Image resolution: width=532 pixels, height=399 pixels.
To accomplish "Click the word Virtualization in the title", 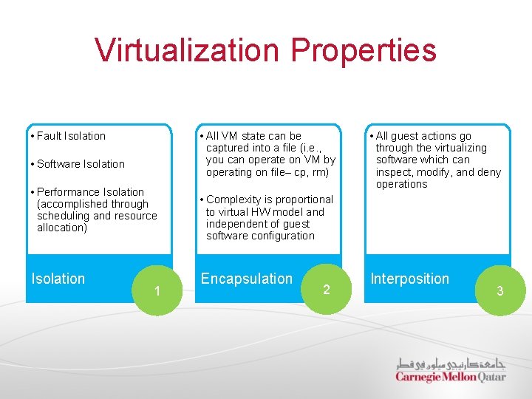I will (x=187, y=50).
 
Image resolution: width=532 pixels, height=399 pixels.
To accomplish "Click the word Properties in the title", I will (x=364, y=50).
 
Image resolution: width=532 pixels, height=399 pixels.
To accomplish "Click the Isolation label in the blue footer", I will (x=58, y=279).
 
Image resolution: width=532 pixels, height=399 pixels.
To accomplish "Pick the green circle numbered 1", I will (x=156, y=290).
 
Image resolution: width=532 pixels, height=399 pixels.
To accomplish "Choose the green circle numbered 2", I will (x=326, y=289).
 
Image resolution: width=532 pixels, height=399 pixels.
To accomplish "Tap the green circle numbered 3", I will (x=499, y=290).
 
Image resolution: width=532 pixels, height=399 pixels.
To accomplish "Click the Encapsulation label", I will (x=247, y=279).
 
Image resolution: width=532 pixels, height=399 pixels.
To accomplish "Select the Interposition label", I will (x=409, y=279).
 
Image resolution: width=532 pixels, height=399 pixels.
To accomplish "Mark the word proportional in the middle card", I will (x=304, y=199).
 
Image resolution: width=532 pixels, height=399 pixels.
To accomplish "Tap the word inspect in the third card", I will (x=395, y=172).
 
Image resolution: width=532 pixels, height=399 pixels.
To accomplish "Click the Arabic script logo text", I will (x=450, y=364).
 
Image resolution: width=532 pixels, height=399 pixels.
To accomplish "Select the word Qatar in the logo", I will (x=491, y=377).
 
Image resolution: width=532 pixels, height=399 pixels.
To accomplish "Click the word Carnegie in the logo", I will (x=418, y=377).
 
